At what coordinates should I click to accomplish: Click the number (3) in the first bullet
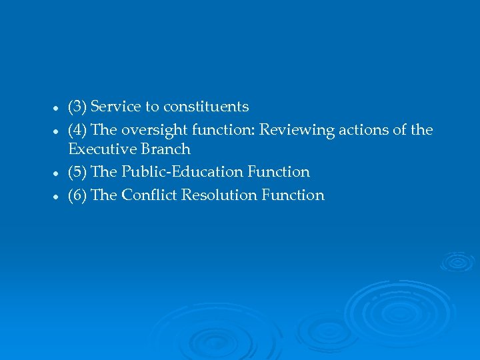point(77,107)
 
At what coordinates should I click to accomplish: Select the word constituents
point(206,107)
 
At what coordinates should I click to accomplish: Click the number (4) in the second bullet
point(77,130)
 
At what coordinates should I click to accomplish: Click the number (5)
point(77,172)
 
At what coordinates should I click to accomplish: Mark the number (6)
point(77,195)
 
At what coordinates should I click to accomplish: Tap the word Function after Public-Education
point(279,172)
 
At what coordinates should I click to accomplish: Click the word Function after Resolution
point(293,195)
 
